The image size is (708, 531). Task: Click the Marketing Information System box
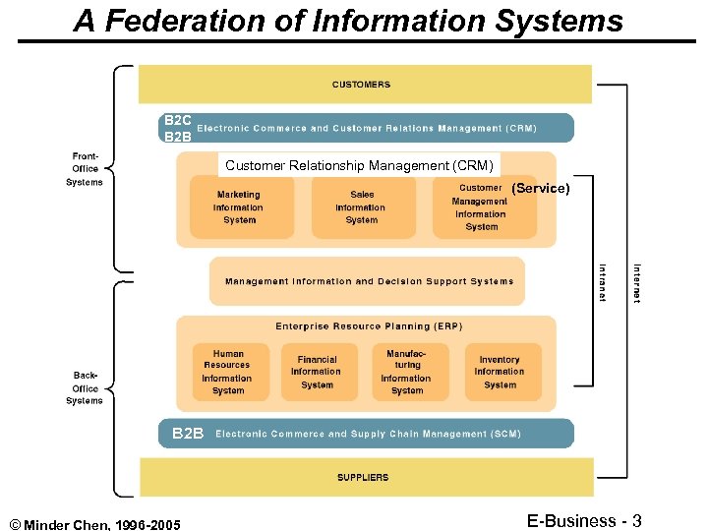[238, 207]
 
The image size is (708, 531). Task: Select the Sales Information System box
[361, 207]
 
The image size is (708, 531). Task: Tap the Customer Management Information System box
[482, 207]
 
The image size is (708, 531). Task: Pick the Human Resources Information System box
[227, 372]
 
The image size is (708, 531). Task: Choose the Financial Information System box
[317, 372]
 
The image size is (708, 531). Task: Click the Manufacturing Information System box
[406, 372]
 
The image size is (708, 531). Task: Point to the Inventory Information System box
[500, 372]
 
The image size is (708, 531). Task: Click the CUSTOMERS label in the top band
[361, 85]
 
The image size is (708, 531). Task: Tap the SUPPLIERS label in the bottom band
[363, 478]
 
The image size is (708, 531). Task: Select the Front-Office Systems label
[85, 169]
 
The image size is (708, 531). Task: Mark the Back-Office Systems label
[85, 387]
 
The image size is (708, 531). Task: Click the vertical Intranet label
[603, 280]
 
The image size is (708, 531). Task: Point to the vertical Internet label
[637, 282]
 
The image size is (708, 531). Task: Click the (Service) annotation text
[541, 188]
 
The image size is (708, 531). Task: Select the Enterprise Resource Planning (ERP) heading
[368, 326]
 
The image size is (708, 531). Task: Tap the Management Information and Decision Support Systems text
[369, 281]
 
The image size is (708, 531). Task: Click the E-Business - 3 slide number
[584, 519]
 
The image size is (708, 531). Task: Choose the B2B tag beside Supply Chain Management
[188, 434]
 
